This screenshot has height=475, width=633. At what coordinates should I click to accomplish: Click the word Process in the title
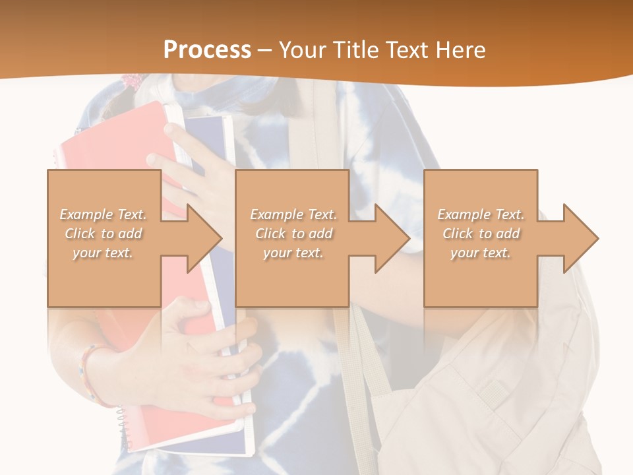(x=207, y=49)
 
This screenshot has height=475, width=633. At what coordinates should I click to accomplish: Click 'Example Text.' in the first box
(x=103, y=214)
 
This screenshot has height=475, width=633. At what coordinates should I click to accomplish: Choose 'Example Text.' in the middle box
(x=293, y=214)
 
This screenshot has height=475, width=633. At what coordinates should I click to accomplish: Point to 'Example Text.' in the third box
(x=481, y=214)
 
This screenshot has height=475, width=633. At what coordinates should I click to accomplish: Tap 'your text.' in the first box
(x=103, y=253)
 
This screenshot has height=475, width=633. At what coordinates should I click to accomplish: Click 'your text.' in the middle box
(x=293, y=253)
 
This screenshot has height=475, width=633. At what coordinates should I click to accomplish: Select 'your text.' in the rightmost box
(x=481, y=253)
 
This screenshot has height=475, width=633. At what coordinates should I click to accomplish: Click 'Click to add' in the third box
(x=481, y=234)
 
